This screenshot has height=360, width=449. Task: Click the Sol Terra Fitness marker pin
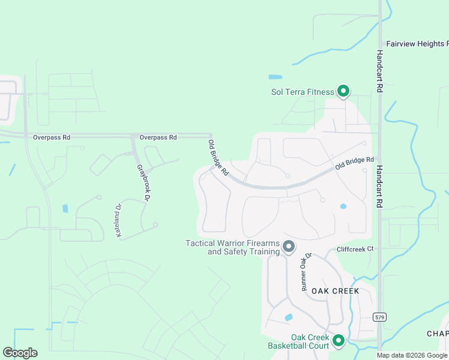point(343,91)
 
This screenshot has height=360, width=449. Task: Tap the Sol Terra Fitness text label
point(303,92)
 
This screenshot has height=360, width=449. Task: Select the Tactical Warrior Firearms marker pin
point(289,246)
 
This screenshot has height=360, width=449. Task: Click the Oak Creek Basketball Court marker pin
point(338,341)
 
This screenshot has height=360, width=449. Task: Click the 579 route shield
point(379,317)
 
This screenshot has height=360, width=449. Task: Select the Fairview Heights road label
point(417,44)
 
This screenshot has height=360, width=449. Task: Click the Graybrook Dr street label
point(143,181)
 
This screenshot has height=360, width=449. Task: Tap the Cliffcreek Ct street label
point(355,248)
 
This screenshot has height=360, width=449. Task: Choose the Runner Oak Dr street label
point(307,272)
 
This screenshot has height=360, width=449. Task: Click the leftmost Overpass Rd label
point(52,137)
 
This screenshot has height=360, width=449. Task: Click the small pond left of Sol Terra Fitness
point(275,77)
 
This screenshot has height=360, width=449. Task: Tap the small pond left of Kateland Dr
point(65,209)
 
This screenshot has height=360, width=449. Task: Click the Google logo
point(20,353)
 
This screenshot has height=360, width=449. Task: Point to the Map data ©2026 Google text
point(412,355)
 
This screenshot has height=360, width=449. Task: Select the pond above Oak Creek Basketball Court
point(289,317)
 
